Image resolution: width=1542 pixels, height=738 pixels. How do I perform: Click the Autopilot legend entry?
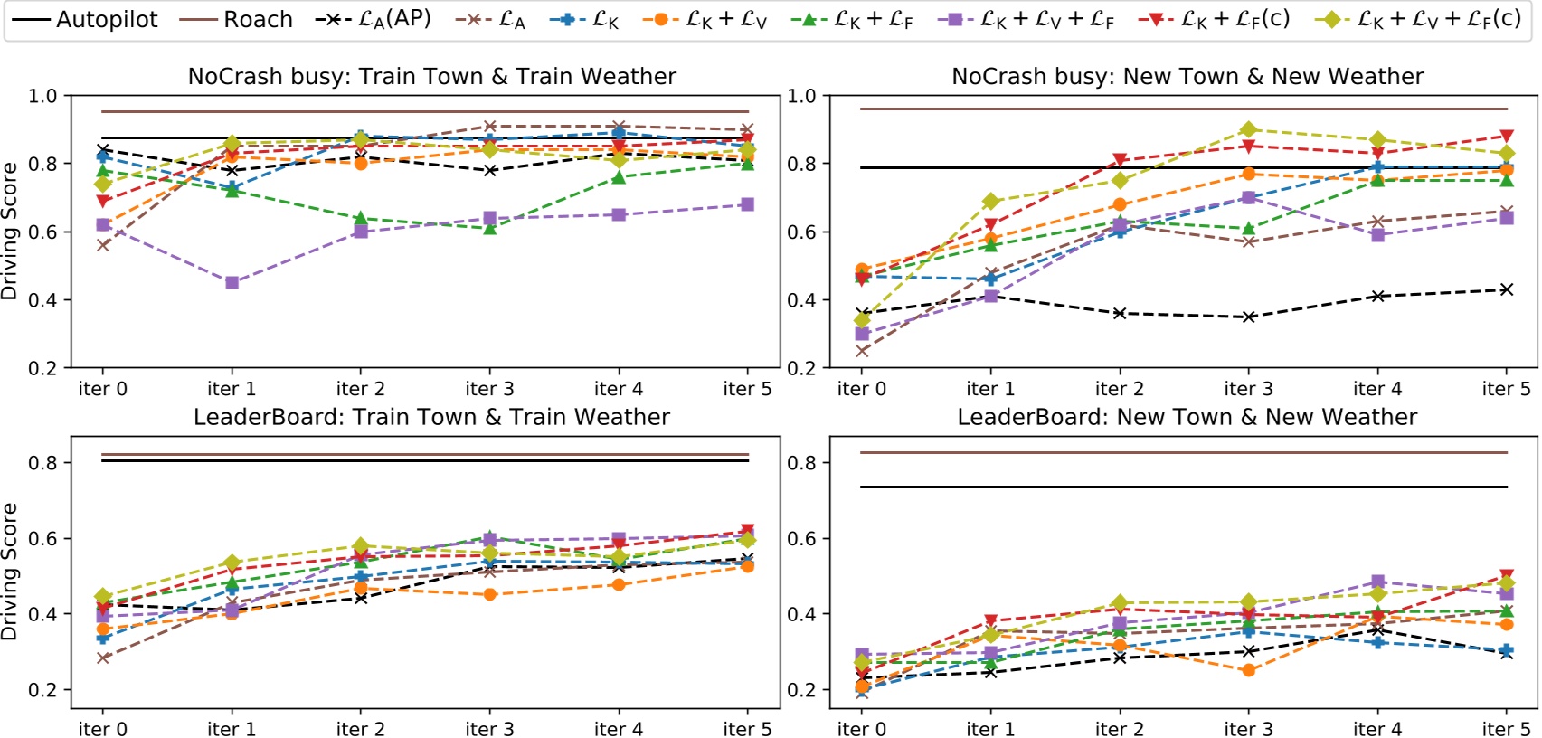coord(86,19)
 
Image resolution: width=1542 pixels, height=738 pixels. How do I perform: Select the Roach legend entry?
coord(237,19)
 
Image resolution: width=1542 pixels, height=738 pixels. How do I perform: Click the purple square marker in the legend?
coord(954,19)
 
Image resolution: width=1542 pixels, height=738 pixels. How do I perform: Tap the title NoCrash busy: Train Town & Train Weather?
coord(431,77)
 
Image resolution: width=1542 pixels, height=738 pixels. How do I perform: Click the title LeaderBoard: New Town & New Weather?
coord(1187,417)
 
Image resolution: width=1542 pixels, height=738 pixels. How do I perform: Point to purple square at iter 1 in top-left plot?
coord(232,283)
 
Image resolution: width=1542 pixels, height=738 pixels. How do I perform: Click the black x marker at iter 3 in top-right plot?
coord(1249,317)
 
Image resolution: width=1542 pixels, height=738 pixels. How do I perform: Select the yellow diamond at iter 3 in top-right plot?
coord(1249,129)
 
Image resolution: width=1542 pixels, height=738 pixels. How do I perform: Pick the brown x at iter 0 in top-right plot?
coord(862,351)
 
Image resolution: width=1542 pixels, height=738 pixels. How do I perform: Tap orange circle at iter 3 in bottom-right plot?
coord(1249,670)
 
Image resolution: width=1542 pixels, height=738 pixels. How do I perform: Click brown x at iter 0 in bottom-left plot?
coord(103,658)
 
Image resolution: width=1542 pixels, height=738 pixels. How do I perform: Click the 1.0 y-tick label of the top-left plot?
coord(42,96)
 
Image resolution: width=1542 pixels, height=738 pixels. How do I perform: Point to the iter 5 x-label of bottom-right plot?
coord(1506,729)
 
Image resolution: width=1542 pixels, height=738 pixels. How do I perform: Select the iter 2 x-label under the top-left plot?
coord(360,389)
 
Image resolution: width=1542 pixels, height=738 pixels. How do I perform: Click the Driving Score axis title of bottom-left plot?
coord(10,572)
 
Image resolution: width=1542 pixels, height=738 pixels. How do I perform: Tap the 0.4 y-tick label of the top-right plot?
coord(801,300)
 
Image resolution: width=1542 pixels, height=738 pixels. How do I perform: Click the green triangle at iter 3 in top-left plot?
coord(489,229)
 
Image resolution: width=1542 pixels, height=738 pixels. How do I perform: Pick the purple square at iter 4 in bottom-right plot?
coord(1377,582)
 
